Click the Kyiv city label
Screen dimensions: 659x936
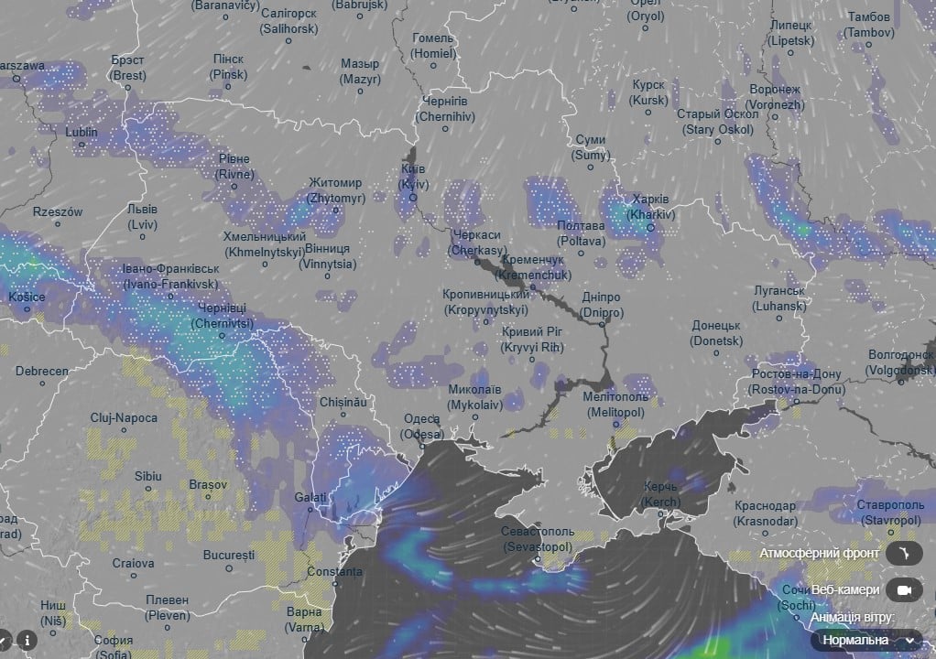pos(414,178)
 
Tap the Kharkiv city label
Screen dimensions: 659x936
pos(650,207)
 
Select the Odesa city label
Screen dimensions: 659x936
pos(422,426)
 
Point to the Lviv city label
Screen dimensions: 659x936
pos(142,217)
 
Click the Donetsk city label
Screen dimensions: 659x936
pos(716,332)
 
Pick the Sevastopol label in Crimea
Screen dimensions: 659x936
pos(538,539)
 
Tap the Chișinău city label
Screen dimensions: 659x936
pos(343,402)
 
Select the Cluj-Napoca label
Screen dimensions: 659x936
pos(124,417)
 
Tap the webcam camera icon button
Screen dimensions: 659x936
pos(904,589)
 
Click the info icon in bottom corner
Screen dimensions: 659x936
pos(28,640)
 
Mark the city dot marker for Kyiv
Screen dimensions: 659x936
pos(412,197)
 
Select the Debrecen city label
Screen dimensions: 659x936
pos(41,372)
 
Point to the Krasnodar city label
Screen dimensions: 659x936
pos(765,513)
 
